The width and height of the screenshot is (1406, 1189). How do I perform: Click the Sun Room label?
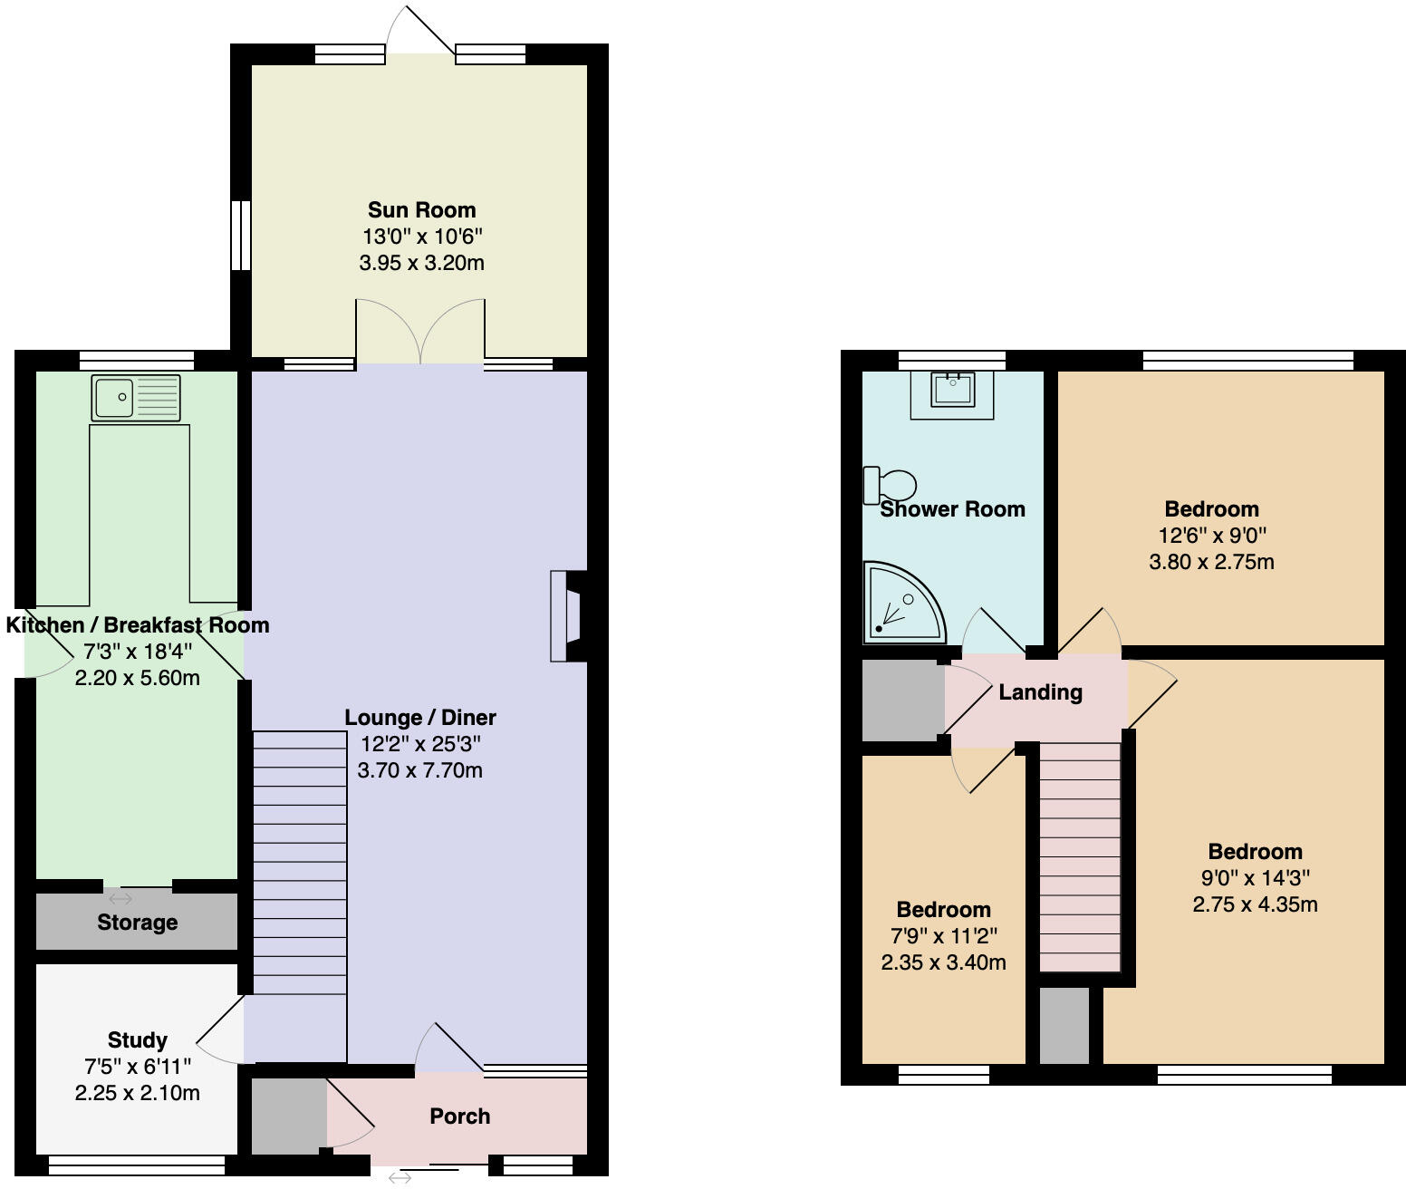421,210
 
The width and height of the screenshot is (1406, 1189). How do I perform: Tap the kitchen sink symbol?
136,398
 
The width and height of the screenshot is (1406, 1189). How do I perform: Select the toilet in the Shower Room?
890,484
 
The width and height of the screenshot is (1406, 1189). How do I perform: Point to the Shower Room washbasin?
951,391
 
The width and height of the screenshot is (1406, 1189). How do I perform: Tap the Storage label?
137,923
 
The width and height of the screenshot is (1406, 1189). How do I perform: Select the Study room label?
137,1039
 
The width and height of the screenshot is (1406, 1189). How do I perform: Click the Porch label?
459,1116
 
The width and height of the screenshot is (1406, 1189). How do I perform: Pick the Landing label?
1040,692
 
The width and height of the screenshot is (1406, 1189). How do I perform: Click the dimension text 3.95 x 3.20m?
421,264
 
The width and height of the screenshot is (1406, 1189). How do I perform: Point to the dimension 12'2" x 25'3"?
420,744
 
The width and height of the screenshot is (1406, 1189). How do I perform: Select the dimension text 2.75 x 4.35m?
1255,904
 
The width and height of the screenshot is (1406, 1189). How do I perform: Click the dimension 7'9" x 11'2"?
943,936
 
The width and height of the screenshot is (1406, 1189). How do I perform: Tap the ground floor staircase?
299,861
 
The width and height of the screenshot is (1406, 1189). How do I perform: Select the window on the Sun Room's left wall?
240,236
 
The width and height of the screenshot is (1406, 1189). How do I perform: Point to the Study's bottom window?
136,1165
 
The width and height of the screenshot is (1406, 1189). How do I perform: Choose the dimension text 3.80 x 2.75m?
1211,562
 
